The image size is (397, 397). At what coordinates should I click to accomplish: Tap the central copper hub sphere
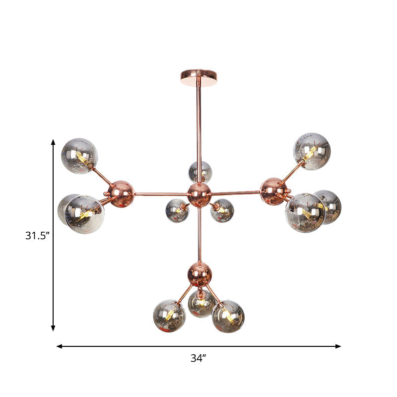tap(199, 194)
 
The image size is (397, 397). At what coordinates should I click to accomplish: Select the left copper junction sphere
tap(121, 193)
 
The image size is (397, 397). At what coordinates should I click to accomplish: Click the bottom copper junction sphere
tap(199, 273)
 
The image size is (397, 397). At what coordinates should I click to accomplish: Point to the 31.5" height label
tap(38, 236)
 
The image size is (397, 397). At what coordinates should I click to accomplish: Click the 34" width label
tap(198, 358)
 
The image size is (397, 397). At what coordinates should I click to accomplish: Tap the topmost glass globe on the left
tap(79, 156)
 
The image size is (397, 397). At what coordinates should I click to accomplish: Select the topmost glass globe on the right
tap(312, 151)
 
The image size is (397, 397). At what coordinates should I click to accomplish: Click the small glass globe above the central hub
tap(200, 172)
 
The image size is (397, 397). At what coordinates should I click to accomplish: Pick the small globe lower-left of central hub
tap(177, 210)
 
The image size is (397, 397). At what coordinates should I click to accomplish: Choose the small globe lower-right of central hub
tap(222, 210)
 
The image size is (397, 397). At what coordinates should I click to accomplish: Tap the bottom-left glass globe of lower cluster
tap(170, 315)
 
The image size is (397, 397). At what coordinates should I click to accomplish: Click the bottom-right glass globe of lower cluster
tap(228, 316)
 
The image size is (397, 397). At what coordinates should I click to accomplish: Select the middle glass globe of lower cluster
tap(201, 303)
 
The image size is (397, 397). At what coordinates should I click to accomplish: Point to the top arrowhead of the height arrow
tap(53, 142)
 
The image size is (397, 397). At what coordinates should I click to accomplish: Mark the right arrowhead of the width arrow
tap(338, 346)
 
